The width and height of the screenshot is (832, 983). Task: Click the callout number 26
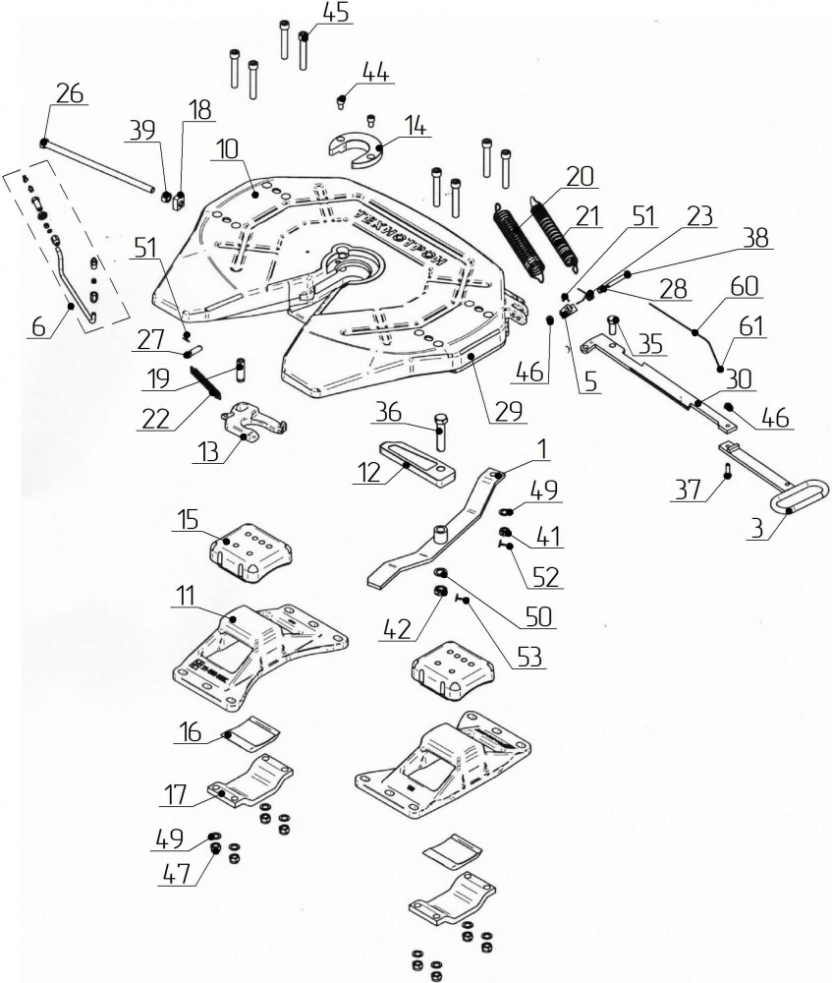[x=69, y=93]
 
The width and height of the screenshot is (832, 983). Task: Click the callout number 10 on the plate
[x=228, y=149]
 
